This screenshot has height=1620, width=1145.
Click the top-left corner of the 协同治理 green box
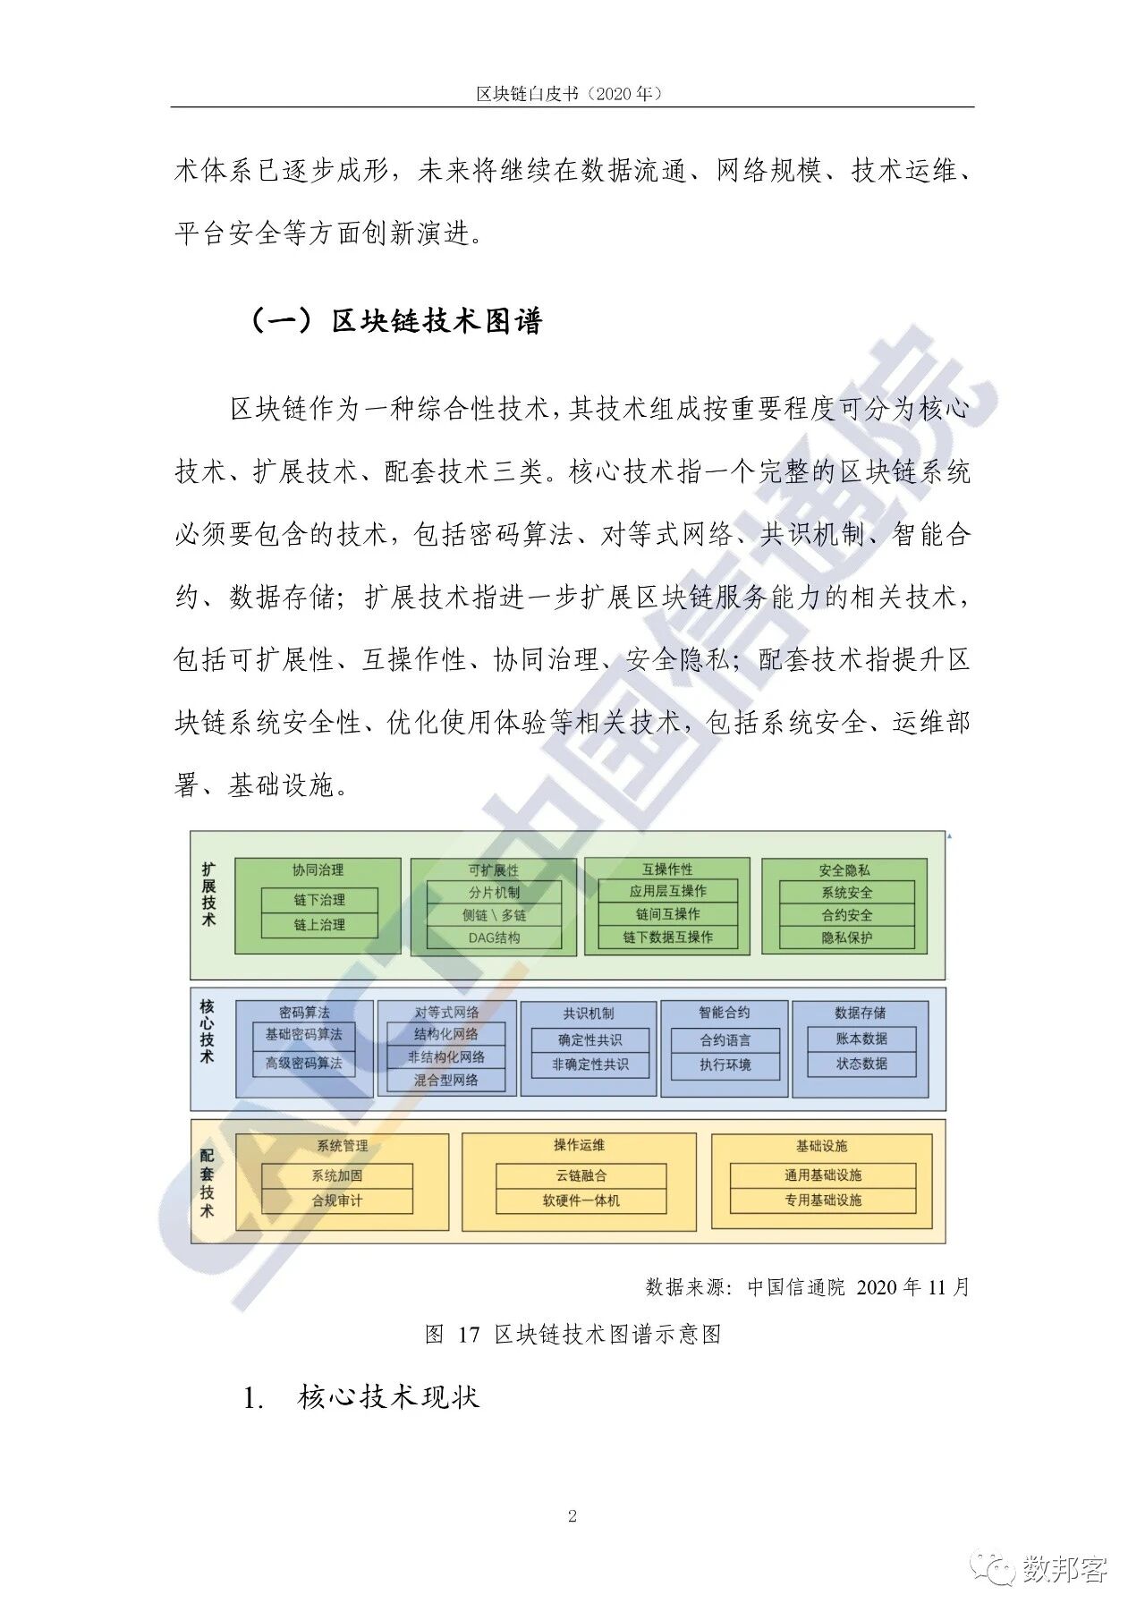pyautogui.click(x=235, y=859)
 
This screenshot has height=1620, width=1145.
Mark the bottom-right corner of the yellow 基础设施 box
pyautogui.click(x=932, y=1230)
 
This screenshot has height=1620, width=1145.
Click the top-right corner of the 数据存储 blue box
pyautogui.click(x=929, y=1001)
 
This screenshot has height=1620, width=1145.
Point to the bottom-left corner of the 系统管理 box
pyautogui.click(x=235, y=1230)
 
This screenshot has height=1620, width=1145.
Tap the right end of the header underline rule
pyautogui.click(x=974, y=107)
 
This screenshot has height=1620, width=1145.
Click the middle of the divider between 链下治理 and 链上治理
pyautogui.click(x=319, y=912)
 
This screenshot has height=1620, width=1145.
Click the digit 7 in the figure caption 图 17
pyautogui.click(x=475, y=1335)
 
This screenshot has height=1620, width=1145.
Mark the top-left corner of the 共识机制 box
pyautogui.click(x=521, y=1001)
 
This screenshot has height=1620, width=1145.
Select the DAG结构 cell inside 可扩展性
pyautogui.click(x=494, y=937)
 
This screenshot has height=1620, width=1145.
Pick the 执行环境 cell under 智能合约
pyautogui.click(x=725, y=1064)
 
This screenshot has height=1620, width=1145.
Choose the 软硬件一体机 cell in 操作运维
pyautogui.click(x=581, y=1200)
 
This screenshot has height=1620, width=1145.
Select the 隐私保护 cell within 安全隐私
pyautogui.click(x=847, y=937)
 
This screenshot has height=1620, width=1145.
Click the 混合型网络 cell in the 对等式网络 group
pyautogui.click(x=446, y=1080)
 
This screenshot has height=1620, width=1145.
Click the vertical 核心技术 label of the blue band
pyautogui.click(x=208, y=1031)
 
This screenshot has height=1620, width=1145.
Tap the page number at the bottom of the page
pyautogui.click(x=572, y=1515)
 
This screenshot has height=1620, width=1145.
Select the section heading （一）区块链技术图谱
pyautogui.click(x=395, y=320)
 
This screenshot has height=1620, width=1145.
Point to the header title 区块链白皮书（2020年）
pyautogui.click(x=572, y=93)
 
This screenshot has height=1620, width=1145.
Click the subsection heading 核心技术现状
pyautogui.click(x=389, y=1397)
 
